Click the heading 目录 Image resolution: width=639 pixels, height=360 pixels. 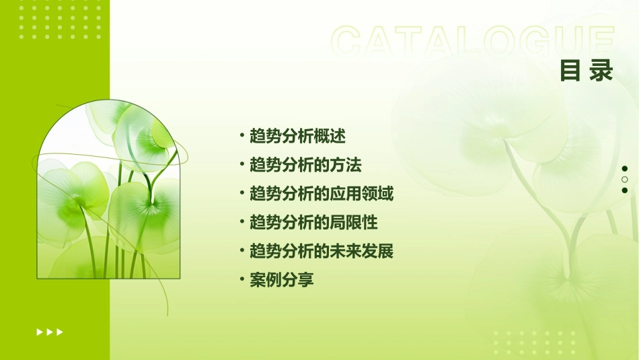pos(587,71)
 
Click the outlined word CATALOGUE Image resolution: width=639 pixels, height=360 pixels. pos(473,42)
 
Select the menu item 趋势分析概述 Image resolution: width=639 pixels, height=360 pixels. pos(297,136)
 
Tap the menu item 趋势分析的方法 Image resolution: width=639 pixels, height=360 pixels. pos(305,165)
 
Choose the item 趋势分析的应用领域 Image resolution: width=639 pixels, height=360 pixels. pos(322,194)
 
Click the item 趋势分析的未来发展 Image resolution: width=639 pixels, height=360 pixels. pos(322,251)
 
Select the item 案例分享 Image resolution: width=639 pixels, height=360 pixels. pos(282,280)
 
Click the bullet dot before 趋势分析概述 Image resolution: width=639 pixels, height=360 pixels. pos(241,136)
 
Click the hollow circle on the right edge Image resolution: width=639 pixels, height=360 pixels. pos(625,180)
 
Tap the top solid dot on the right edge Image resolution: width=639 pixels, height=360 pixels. pos(625,169)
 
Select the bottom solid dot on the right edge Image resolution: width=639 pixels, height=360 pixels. pos(625,190)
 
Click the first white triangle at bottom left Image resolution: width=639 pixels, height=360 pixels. pos(40,332)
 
